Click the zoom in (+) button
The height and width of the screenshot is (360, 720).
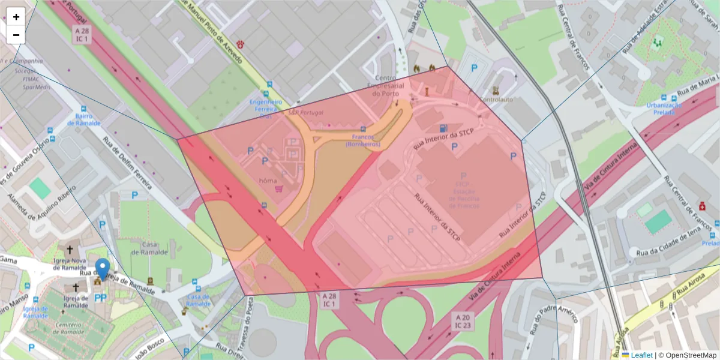[x=16, y=17]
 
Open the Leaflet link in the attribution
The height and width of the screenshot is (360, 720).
[x=641, y=355]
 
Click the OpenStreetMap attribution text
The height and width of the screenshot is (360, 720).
[x=688, y=355]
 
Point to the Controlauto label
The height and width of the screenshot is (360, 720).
[x=497, y=100]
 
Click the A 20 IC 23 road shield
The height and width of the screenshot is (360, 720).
[x=462, y=321]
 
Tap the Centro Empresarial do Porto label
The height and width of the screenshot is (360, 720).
[x=389, y=86]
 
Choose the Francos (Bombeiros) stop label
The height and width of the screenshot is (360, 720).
[x=363, y=140]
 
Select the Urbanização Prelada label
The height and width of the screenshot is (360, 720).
[x=664, y=109]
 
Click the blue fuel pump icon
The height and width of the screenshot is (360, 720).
[x=443, y=128]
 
